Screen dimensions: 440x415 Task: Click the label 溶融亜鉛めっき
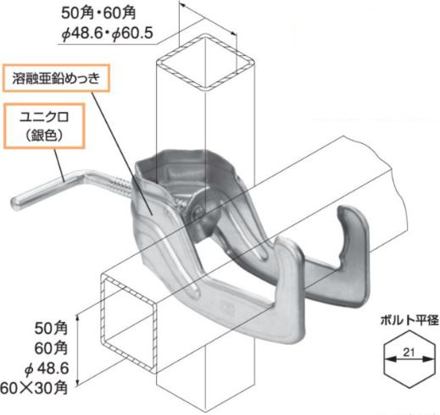click(56, 79)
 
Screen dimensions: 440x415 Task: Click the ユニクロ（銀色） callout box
click(44, 126)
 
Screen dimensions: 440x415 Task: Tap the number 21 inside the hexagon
click(409, 352)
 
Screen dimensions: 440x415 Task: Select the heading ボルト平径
click(409, 320)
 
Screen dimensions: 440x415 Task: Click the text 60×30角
click(34, 388)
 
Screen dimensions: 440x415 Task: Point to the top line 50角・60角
click(98, 13)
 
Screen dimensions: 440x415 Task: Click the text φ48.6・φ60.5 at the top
click(108, 34)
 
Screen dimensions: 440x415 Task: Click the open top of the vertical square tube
click(206, 61)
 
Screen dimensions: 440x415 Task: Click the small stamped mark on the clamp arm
click(228, 307)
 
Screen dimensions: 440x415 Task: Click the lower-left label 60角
click(51, 348)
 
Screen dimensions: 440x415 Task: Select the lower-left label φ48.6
click(47, 368)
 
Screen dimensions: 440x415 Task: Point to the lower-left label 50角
click(51, 328)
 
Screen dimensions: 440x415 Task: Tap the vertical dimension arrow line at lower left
click(79, 350)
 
